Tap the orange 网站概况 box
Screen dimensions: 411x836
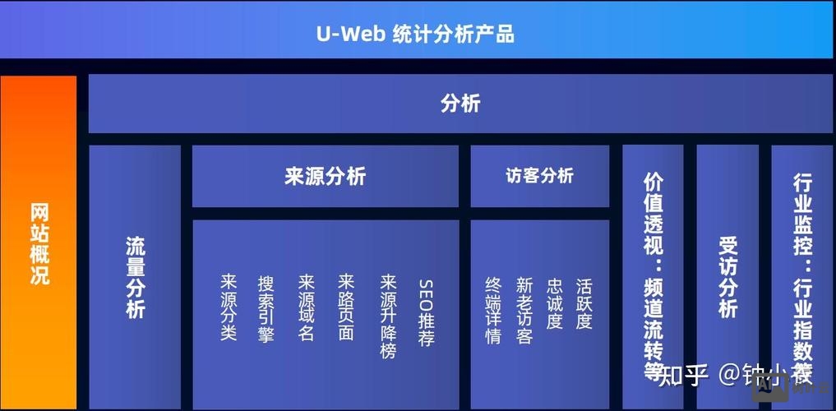(x=39, y=243)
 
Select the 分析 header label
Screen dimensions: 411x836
(x=460, y=104)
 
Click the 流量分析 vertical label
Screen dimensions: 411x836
(x=135, y=278)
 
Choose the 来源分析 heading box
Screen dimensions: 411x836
(x=325, y=176)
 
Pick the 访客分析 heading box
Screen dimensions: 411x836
(x=539, y=176)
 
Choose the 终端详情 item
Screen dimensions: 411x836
(x=493, y=310)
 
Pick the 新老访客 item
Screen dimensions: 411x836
(x=524, y=310)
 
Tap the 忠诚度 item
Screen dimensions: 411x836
(x=555, y=302)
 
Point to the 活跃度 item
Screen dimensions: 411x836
(x=584, y=302)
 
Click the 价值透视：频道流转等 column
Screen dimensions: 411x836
(x=653, y=275)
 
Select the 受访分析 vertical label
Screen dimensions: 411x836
(x=727, y=277)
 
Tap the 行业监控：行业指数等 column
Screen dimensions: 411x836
(x=802, y=275)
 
